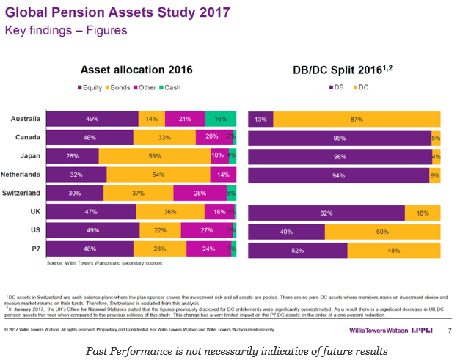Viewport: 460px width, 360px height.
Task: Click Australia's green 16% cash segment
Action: (x=219, y=119)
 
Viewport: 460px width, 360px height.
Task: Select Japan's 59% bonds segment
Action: (x=154, y=156)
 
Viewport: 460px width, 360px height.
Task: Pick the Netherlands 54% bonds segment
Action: (x=158, y=175)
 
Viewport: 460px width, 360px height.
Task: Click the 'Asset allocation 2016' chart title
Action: (x=136, y=70)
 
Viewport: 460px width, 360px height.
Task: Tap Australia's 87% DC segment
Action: (x=357, y=120)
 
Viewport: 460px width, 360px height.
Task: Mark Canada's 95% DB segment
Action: (x=340, y=138)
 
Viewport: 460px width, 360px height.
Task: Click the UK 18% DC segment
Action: (x=423, y=213)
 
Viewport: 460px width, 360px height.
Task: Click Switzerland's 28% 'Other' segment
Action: (x=200, y=194)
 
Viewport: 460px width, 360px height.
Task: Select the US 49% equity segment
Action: (x=92, y=231)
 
